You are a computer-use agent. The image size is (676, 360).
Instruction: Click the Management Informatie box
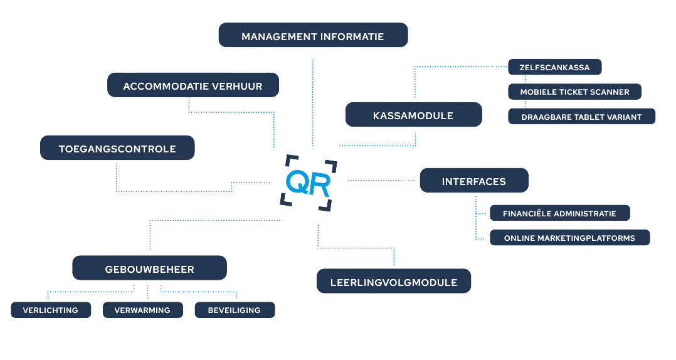[x=313, y=36]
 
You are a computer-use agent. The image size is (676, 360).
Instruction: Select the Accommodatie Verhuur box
[x=193, y=85]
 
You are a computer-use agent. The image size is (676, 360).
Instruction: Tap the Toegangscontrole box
[x=117, y=149]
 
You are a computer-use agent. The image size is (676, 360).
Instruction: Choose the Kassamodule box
[x=413, y=115]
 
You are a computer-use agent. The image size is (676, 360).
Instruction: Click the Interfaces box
[x=473, y=181]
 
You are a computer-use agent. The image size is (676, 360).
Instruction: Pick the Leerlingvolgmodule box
[x=393, y=282]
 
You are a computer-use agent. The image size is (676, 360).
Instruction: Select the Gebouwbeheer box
[x=149, y=269]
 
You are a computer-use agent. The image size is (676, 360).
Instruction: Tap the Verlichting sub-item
[x=51, y=310]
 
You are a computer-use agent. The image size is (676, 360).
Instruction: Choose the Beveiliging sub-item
[x=234, y=310]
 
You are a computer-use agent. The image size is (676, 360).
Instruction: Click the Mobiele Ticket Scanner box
[x=574, y=92]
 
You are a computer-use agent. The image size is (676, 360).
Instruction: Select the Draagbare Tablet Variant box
[x=581, y=117]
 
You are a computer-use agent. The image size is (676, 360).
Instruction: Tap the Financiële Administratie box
[x=559, y=213]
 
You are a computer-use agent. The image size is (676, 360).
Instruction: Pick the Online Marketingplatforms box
[x=569, y=238]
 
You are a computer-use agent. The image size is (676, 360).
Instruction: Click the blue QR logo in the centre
[x=307, y=183]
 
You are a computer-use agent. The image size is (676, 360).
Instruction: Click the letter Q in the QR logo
[x=295, y=183]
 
